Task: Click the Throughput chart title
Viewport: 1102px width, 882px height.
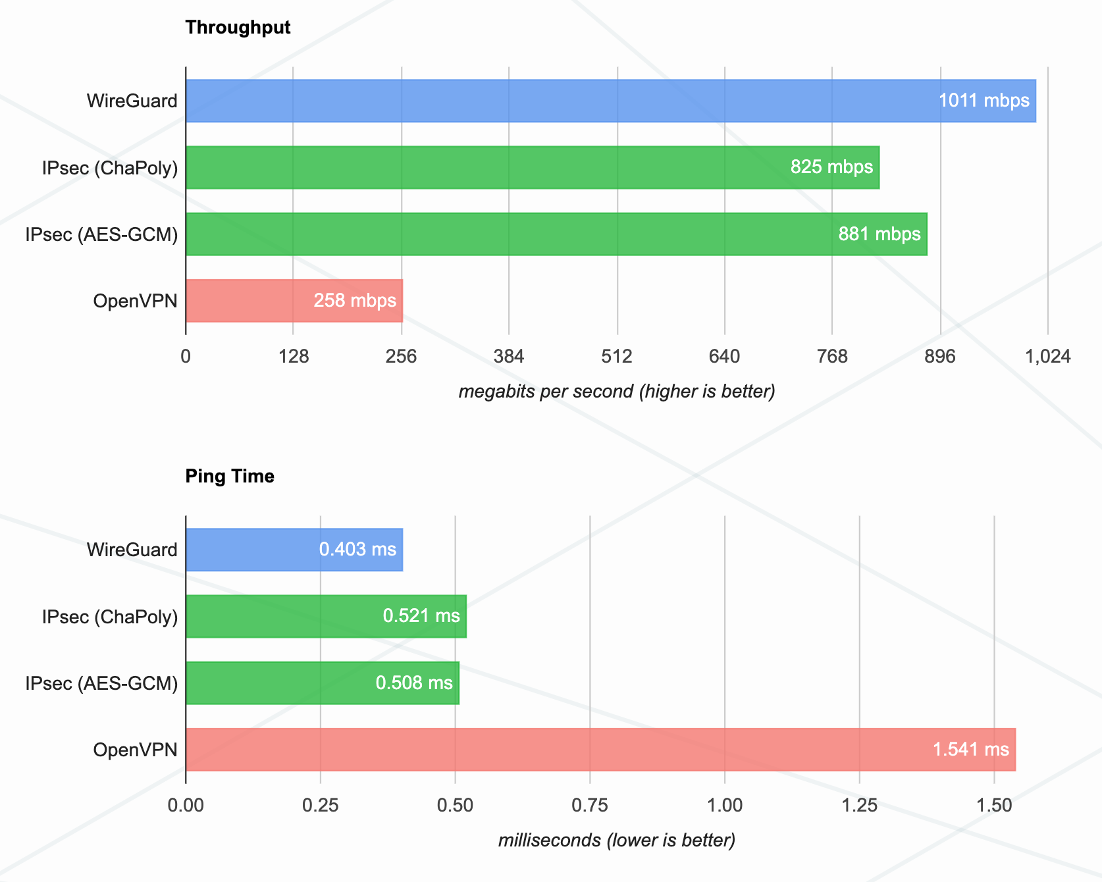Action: tap(238, 28)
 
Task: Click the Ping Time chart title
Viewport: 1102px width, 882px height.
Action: tap(230, 477)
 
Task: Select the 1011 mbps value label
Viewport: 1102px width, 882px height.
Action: tap(984, 101)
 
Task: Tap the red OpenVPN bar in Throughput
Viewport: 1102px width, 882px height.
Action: tap(250, 301)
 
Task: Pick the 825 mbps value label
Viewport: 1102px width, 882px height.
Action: tap(831, 167)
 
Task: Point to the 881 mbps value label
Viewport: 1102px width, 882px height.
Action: tap(879, 234)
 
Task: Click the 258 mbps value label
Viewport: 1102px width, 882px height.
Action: tap(355, 301)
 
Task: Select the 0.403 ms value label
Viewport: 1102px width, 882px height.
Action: tap(357, 550)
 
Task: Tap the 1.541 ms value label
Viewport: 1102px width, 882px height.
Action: tap(970, 750)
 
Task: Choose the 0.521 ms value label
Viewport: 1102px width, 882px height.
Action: tap(421, 616)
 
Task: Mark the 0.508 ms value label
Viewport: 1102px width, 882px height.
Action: tap(414, 683)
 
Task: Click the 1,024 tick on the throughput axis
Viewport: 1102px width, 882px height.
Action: tap(1048, 357)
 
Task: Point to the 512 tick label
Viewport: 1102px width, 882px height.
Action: tap(617, 357)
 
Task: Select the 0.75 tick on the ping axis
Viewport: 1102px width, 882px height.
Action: tap(590, 806)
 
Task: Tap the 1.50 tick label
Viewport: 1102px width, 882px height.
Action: tap(994, 806)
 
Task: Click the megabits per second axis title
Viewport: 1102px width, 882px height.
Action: tap(617, 392)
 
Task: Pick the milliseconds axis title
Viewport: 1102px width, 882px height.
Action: tap(617, 841)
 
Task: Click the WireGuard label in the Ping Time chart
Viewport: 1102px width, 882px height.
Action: tap(132, 550)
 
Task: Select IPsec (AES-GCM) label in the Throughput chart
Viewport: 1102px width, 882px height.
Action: tap(102, 235)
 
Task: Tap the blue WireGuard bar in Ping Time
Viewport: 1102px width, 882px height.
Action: tap(250, 550)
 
